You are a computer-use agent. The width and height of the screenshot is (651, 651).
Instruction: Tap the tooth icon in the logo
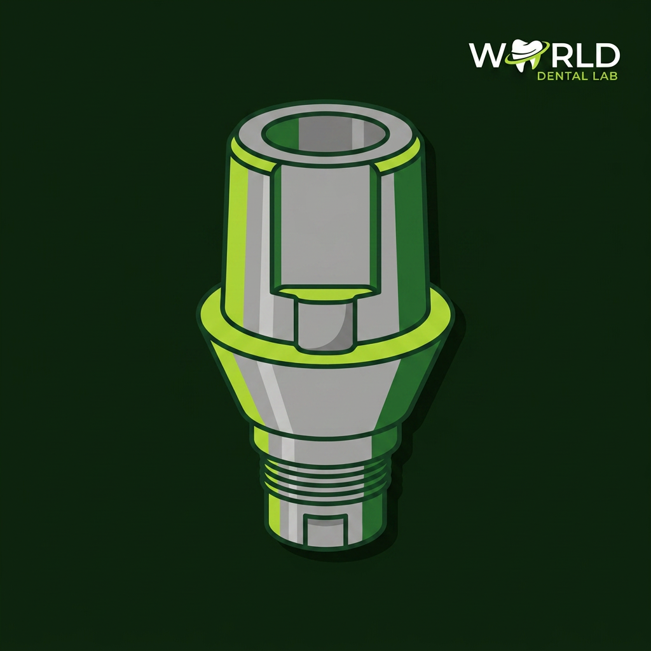pyautogui.click(x=525, y=54)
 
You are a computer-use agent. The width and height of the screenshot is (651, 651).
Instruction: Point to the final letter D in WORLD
pyautogui.click(x=605, y=55)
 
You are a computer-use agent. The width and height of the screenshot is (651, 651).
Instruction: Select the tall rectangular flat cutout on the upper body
pyautogui.click(x=325, y=228)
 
